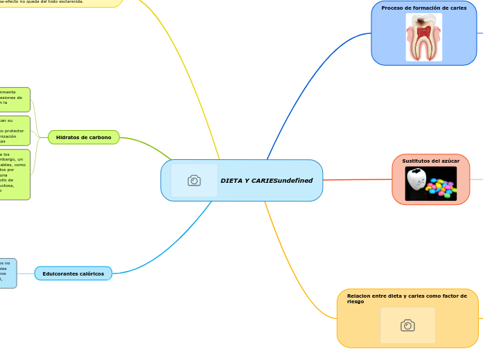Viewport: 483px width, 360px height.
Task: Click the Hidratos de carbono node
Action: click(83, 138)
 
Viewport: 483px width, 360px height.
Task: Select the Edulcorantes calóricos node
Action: click(73, 273)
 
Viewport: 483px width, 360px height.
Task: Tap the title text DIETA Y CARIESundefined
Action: click(266, 181)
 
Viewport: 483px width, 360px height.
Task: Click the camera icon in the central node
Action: click(194, 181)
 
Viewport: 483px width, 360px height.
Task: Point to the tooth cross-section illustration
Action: click(423, 37)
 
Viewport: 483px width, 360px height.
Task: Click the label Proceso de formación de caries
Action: click(423, 8)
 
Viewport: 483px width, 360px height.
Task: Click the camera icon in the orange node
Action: click(407, 325)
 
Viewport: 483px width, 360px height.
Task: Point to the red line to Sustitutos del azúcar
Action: click(357, 179)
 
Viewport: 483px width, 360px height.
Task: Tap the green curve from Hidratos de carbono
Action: click(149, 145)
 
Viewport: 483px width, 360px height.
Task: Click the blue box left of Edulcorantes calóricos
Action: click(8, 273)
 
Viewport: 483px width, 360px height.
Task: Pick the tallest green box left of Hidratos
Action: click(15, 174)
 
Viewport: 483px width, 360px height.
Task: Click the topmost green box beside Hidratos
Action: click(15, 100)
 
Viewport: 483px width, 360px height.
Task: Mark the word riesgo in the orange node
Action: click(355, 302)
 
